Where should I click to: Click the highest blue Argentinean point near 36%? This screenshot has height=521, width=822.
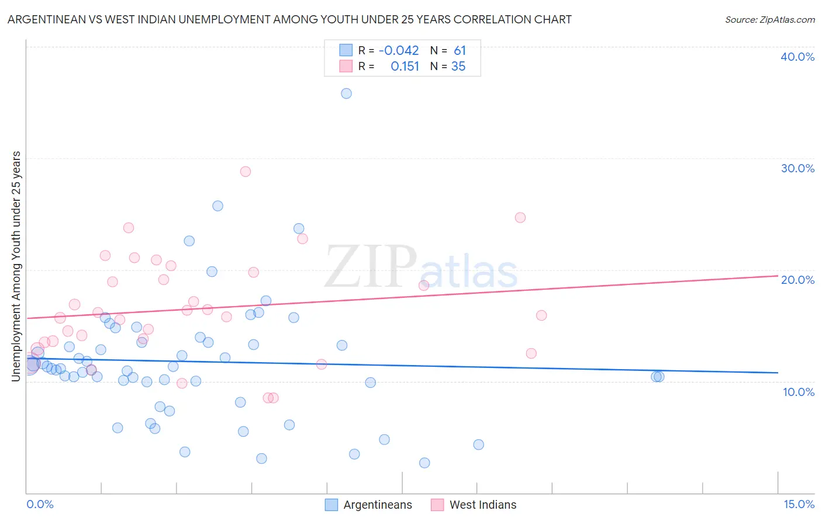[346, 93]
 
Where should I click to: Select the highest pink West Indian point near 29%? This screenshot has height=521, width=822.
[246, 172]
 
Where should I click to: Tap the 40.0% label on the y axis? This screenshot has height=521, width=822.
[797, 57]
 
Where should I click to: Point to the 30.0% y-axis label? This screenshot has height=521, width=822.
[797, 168]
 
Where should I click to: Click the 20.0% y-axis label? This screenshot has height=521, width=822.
[797, 280]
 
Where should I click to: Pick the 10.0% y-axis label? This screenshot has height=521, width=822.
[799, 392]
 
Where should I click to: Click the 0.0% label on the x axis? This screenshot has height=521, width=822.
[40, 504]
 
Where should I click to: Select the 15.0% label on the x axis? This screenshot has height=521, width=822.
[799, 504]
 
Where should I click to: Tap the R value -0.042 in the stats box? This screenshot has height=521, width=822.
[399, 51]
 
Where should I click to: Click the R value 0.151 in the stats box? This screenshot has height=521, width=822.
[405, 67]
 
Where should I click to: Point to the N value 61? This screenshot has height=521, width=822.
[460, 51]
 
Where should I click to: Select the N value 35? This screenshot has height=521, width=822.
[458, 67]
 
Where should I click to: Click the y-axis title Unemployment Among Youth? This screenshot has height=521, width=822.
[16, 266]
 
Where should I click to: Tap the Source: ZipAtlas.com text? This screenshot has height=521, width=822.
[769, 20]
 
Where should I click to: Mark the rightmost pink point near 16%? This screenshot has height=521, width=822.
[541, 315]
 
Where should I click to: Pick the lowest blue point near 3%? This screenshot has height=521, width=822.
[424, 463]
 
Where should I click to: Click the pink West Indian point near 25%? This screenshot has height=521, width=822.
[520, 218]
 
